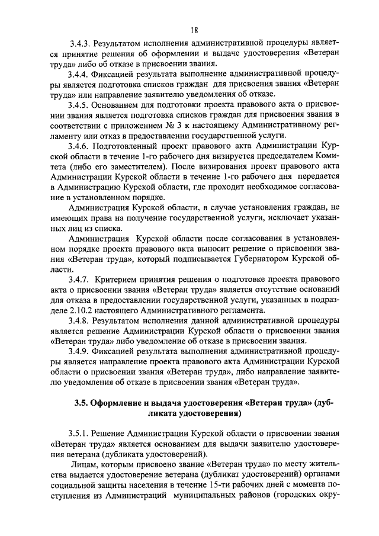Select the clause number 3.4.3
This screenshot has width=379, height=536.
pos(80,43)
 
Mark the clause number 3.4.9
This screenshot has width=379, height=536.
pos(80,351)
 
